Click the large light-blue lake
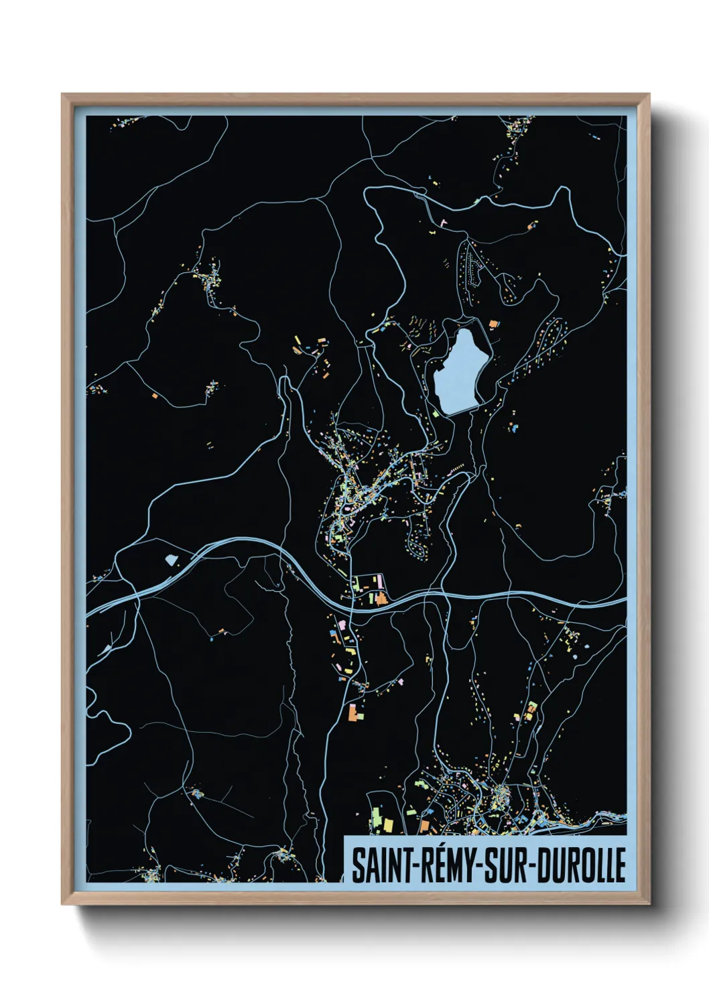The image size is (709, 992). pyautogui.click(x=462, y=368)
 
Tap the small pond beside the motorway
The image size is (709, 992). pyautogui.click(x=170, y=558)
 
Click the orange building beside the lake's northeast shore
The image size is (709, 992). pyautogui.click(x=494, y=324)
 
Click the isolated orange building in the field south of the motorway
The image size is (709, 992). pyautogui.click(x=222, y=630)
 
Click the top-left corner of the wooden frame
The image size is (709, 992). pyautogui.click(x=62, y=95)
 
